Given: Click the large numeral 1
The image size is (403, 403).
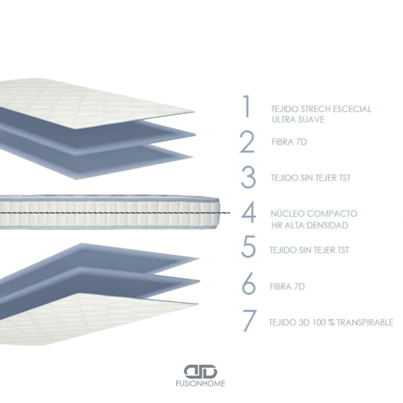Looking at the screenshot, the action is point(246,106).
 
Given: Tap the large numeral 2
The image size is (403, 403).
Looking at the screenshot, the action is point(247,142).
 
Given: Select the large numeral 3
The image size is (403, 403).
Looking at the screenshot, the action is point(248,178).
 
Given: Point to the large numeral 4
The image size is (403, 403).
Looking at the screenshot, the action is point(248,212).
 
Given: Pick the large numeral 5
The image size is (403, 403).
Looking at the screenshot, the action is point(248,246).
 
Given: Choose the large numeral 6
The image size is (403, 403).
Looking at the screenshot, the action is point(249,283).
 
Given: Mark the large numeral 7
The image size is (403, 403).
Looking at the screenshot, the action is point(250,321).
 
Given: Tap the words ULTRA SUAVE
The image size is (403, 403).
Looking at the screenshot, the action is point(298,120).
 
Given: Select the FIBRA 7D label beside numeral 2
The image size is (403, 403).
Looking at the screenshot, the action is point(290,142).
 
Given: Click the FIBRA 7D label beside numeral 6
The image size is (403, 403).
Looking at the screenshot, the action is point(287,286).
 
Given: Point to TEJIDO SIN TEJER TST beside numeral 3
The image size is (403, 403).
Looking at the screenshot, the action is point(311,178).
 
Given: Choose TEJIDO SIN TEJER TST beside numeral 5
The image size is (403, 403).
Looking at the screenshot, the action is point(309,250).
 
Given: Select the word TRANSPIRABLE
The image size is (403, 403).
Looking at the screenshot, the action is point(365,322).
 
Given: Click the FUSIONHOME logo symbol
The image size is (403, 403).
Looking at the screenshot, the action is point(200,372).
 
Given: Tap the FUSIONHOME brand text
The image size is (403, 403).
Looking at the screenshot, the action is point(200,383).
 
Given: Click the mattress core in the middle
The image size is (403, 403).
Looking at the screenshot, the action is point(110,212).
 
